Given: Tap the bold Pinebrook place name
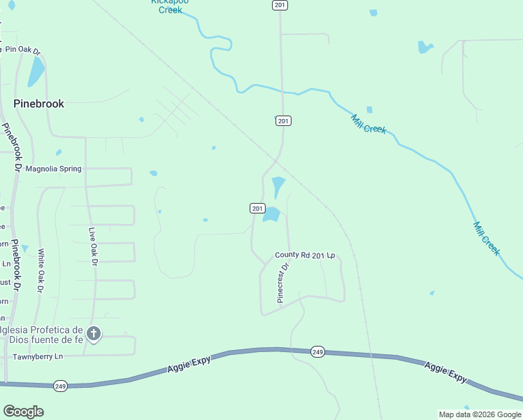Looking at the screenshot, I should click(x=39, y=104).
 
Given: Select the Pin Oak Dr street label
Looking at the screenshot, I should click(x=22, y=50).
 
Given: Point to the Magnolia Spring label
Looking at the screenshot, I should click(x=53, y=169).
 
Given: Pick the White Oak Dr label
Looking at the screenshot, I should click(x=41, y=271).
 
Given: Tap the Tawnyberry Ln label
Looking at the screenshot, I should click(x=38, y=357).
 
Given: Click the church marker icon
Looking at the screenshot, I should click(x=94, y=334).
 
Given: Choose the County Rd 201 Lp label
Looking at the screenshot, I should click(x=305, y=255).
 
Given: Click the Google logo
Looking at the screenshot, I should click(x=23, y=412).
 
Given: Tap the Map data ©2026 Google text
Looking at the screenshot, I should click(x=479, y=414).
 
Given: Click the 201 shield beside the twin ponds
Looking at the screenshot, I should click(x=257, y=208).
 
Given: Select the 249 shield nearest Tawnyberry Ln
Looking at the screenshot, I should click(x=59, y=386).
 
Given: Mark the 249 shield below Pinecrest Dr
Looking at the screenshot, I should click(x=317, y=351).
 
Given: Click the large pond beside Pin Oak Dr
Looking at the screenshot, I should click(x=36, y=71).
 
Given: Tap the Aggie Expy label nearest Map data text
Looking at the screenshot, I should click(x=446, y=372).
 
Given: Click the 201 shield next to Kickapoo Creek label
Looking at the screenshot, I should click(x=279, y=5).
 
